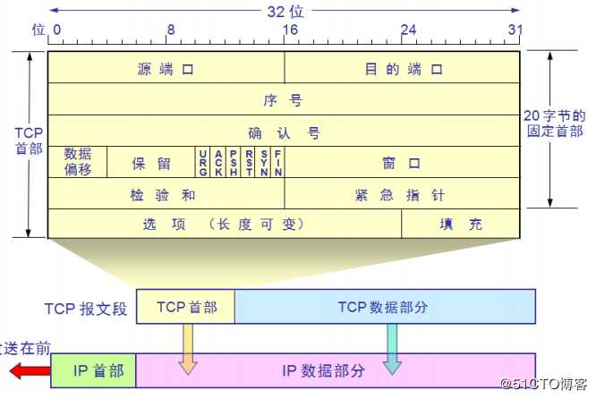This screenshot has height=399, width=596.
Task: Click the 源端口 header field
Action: pos(166,68)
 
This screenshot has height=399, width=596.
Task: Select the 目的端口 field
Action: pos(402,68)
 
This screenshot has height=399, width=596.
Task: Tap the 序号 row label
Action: pos(283,101)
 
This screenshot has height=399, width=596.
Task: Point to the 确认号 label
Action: pos(284,133)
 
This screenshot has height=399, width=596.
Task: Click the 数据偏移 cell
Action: pos(78,162)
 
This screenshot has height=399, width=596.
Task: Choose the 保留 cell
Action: pos(151,162)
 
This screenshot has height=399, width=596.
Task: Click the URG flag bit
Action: pos(203,162)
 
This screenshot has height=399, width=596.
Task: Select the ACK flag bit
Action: pos(218,162)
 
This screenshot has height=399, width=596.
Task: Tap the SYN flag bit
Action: pos(263,162)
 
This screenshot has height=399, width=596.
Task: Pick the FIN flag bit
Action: pos(277,162)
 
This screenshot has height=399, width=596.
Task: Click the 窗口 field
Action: pos(402,162)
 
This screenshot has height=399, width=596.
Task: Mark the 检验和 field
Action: pos(166,193)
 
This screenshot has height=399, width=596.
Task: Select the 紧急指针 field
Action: pos(402,193)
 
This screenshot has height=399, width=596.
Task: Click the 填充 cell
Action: pos(461,224)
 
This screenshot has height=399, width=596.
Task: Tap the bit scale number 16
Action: pos(290,30)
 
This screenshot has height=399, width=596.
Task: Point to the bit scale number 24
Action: pos(409,30)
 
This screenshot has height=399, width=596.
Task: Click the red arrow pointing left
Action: pos(30,370)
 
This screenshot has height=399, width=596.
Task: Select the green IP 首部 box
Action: pos(93,370)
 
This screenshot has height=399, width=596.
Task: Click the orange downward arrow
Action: pos(188,349)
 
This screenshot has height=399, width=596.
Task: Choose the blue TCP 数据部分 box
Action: pos(385,306)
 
